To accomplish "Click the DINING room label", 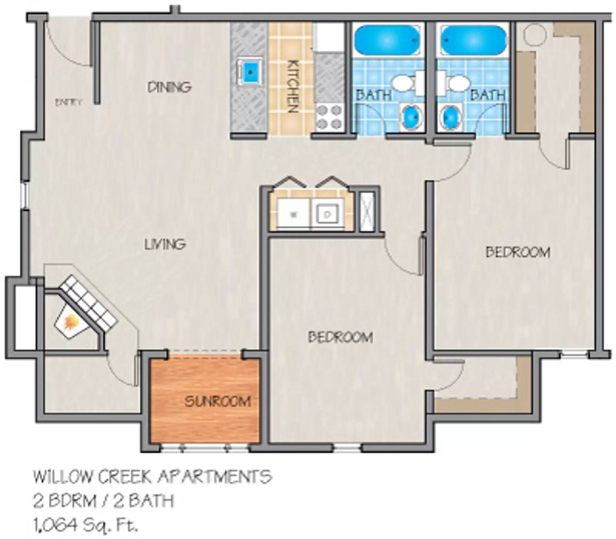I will point(169,87).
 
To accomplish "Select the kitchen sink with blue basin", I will point(250,72).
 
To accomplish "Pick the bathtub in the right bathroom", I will point(473,40).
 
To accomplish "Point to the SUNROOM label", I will point(218,402).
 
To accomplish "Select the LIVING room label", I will point(165,244).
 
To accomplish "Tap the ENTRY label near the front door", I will point(69,102).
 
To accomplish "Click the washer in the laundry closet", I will point(293,214).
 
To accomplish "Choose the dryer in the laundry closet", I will point(328,214).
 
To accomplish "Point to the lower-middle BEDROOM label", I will point(340,337).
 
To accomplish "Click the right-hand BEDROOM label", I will point(517,252).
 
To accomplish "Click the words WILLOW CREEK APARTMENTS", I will point(152,477).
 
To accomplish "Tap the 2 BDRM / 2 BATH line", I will point(103,501).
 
